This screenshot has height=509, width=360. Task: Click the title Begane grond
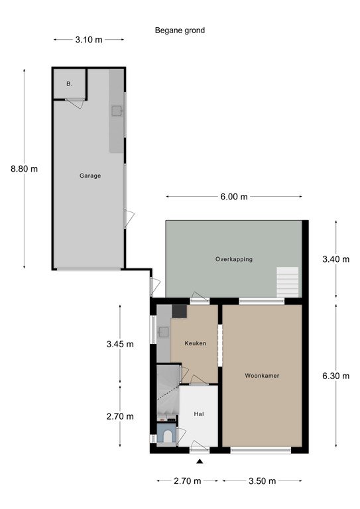click(x=180, y=30)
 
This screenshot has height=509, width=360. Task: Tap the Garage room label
click(x=90, y=176)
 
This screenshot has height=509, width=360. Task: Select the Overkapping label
click(x=234, y=259)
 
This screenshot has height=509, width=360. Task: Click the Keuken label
click(x=195, y=343)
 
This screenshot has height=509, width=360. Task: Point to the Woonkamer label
click(x=262, y=376)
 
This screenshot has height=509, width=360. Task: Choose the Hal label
click(x=199, y=414)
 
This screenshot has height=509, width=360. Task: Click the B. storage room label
click(x=69, y=84)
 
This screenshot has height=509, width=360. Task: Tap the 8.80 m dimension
click(x=24, y=169)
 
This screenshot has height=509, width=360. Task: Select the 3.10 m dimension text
click(x=89, y=40)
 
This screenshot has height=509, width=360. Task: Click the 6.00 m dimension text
click(x=234, y=197)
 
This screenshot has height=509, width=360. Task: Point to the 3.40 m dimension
click(x=335, y=259)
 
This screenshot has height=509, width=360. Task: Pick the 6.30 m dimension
click(x=335, y=376)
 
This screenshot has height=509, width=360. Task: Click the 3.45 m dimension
click(x=120, y=344)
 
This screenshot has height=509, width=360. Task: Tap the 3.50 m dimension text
click(x=262, y=481)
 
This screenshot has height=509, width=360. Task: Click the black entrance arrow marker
click(x=200, y=461)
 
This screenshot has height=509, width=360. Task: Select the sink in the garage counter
click(x=117, y=111)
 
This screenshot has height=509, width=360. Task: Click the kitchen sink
click(x=164, y=332)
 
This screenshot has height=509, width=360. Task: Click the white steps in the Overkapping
click(x=287, y=282)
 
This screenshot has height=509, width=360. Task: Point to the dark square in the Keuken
click(x=179, y=311)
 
